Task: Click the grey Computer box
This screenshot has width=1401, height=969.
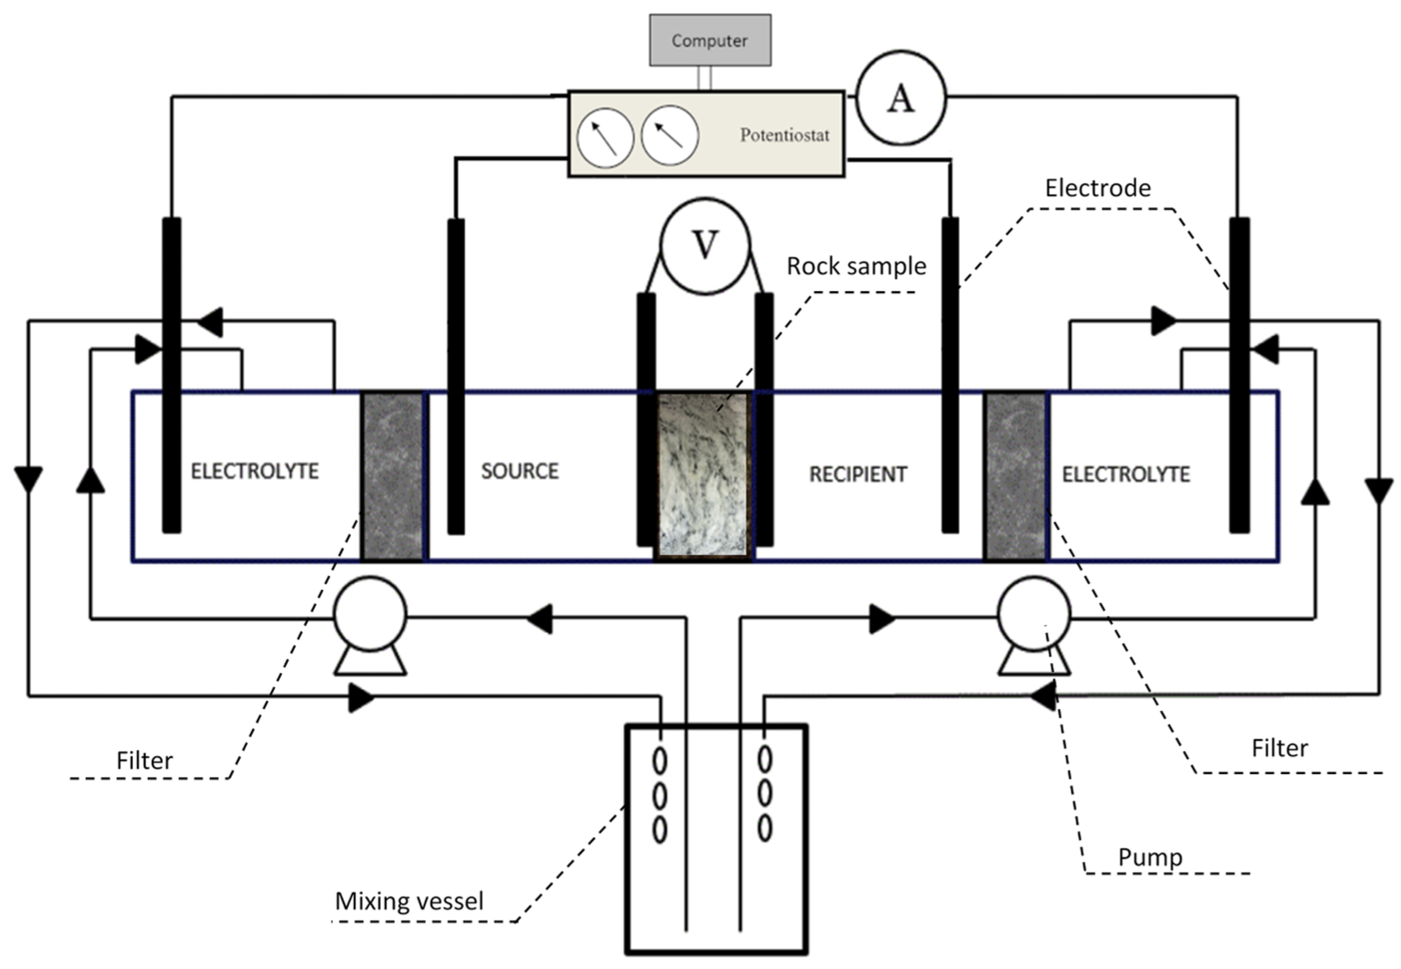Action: click(709, 40)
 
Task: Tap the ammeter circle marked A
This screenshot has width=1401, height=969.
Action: click(901, 98)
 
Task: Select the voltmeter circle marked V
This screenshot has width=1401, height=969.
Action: click(705, 246)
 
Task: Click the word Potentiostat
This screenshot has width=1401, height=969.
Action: click(784, 135)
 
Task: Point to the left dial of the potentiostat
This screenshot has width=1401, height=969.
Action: click(605, 138)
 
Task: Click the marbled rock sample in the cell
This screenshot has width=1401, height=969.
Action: click(703, 474)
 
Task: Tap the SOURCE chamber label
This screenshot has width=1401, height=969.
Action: click(520, 471)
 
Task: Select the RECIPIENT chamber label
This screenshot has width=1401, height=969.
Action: click(858, 474)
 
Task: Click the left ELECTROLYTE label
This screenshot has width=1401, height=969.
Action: click(254, 471)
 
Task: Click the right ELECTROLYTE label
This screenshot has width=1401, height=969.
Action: click(1125, 474)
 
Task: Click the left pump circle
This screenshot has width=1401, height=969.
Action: click(370, 614)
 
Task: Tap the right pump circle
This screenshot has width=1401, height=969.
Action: click(1034, 614)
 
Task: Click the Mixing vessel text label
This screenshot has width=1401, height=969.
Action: click(409, 901)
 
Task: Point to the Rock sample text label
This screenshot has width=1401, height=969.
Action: click(856, 266)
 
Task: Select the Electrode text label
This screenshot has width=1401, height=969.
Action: click(1098, 188)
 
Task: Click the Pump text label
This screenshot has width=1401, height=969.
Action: click(1150, 857)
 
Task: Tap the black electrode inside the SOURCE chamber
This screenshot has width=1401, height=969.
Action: click(456, 376)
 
